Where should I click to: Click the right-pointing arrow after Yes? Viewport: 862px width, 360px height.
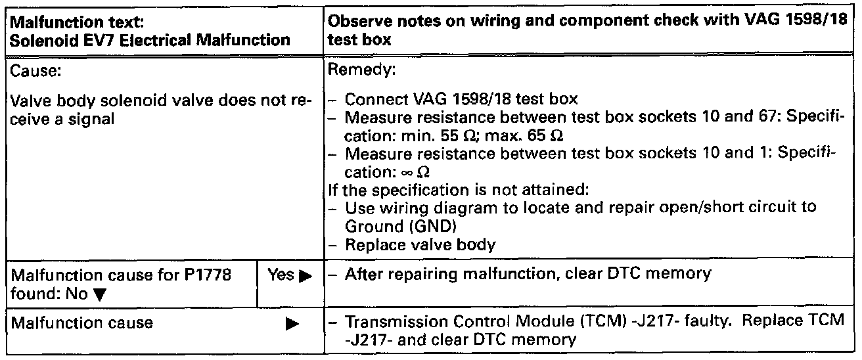pyautogui.click(x=303, y=275)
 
